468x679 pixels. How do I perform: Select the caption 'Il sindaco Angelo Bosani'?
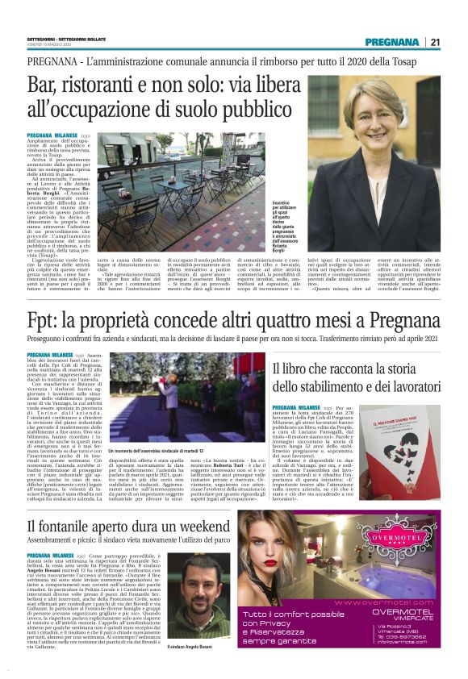point(191,646)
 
